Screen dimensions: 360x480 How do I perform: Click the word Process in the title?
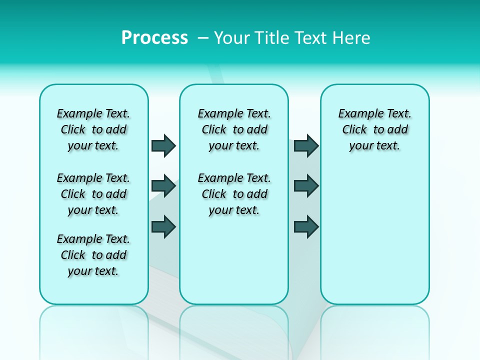[154, 37]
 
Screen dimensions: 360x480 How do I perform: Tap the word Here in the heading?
[349, 37]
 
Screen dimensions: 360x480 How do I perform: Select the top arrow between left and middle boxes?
[163, 145]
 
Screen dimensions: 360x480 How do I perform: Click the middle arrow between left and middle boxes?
[163, 186]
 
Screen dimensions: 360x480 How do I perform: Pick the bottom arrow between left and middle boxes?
[163, 226]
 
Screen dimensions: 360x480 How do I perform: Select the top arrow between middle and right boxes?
[306, 145]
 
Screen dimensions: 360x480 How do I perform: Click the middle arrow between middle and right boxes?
[306, 186]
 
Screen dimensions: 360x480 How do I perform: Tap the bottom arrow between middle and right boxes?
[306, 226]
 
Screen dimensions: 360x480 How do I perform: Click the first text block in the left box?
[93, 129]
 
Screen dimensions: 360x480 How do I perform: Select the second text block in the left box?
[93, 194]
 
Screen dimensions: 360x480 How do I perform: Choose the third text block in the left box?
[93, 255]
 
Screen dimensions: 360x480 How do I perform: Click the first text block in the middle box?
[234, 129]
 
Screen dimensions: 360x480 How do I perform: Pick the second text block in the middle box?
[234, 194]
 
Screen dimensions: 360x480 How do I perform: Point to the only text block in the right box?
[374, 129]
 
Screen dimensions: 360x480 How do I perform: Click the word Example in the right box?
[358, 113]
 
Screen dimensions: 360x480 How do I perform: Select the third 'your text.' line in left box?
[93, 271]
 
